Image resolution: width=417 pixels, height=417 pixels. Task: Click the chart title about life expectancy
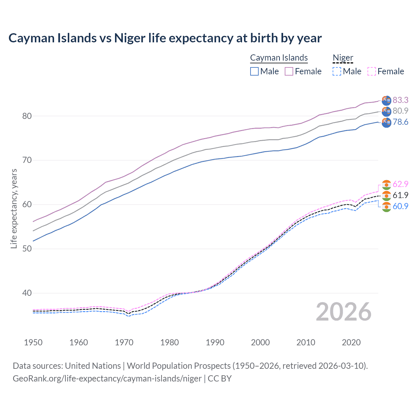click(x=165, y=38)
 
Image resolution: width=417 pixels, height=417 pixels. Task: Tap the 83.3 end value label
click(x=400, y=100)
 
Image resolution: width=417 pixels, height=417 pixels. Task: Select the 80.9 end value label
click(x=400, y=111)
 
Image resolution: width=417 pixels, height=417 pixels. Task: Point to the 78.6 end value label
click(x=400, y=122)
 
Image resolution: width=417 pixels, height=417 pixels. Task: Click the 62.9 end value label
click(x=400, y=184)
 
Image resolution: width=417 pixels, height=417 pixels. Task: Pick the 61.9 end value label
click(x=400, y=195)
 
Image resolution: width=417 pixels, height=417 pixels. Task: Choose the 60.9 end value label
click(x=400, y=206)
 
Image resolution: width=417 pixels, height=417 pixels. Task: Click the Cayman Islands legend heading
click(x=279, y=58)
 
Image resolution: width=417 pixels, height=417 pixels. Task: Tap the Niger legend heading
click(x=343, y=58)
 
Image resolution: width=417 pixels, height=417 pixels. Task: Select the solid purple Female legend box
click(x=289, y=71)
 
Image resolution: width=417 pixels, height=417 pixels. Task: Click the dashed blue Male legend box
click(x=337, y=71)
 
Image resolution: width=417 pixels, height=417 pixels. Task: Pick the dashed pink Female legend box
click(x=372, y=71)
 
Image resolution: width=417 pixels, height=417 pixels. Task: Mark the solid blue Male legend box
click(x=254, y=71)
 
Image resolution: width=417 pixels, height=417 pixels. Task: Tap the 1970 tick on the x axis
click(x=124, y=342)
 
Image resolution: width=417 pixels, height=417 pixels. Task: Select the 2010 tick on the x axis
click(x=306, y=342)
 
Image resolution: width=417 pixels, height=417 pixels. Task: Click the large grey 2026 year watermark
click(x=344, y=312)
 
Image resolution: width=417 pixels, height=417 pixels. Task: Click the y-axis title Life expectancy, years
click(x=14, y=208)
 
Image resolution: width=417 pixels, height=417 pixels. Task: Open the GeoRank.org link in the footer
click(x=107, y=379)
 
